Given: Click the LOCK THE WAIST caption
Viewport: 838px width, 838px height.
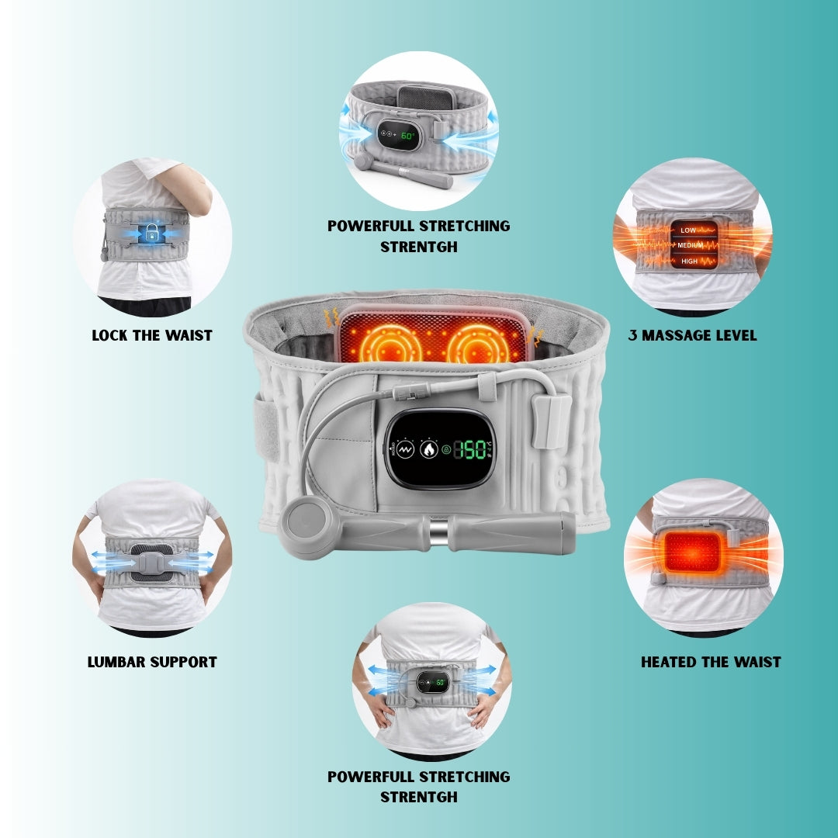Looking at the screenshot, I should click(151, 335).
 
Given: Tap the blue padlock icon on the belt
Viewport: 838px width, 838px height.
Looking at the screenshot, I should click(151, 232).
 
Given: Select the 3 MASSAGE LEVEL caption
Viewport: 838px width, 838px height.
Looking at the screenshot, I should click(692, 335).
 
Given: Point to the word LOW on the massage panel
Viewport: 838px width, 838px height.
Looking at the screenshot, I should click(688, 230).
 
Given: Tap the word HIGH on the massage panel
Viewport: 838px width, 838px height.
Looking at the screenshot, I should click(689, 261).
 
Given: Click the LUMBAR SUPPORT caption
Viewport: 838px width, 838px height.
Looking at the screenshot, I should click(151, 662).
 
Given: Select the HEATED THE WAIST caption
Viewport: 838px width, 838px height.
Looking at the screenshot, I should click(710, 662).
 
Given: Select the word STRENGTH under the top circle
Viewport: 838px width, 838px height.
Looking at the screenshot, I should click(418, 247).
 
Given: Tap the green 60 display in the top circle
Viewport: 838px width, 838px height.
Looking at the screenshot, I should click(408, 136).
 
